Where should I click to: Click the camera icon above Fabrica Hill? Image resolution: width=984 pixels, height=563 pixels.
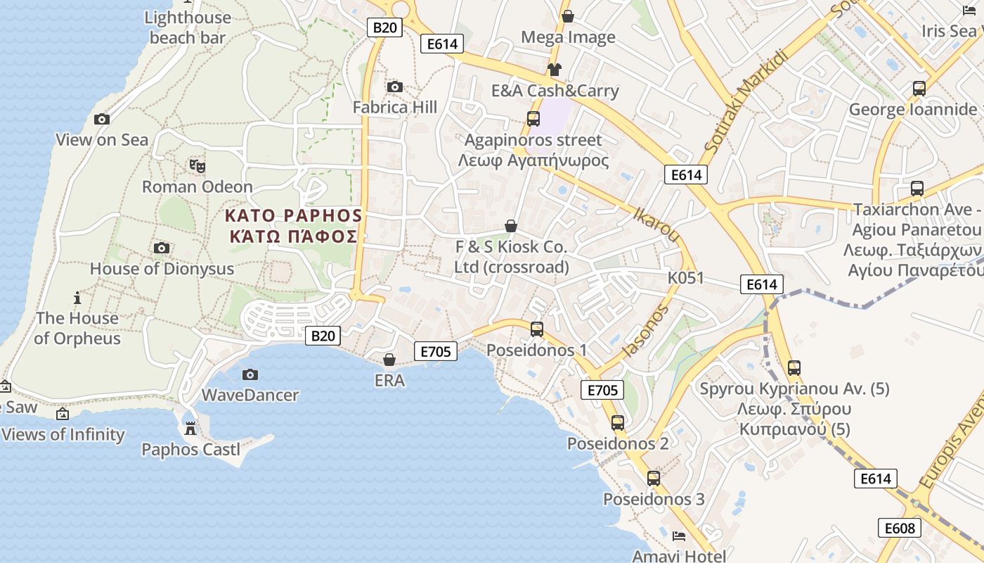point(395,87)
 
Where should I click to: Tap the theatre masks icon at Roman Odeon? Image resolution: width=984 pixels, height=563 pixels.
point(198,166)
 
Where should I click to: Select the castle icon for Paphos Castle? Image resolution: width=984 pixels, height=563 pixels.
point(190,428)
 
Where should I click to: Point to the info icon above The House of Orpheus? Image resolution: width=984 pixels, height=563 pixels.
point(77,298)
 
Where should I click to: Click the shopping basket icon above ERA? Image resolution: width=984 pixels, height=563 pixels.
point(389,360)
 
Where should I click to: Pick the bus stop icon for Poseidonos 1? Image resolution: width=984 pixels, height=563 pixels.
point(537,329)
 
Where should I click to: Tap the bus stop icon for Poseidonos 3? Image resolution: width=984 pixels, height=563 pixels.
point(654,479)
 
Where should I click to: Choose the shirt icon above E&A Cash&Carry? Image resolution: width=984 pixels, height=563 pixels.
point(555,69)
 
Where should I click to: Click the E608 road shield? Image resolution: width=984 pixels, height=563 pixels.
point(899,528)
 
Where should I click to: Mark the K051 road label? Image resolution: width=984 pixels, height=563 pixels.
point(685,278)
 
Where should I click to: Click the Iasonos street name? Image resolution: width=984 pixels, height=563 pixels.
point(645,330)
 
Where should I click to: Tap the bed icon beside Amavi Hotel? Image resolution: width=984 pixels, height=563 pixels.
point(679,536)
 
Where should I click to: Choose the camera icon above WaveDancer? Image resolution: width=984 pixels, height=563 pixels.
point(250,374)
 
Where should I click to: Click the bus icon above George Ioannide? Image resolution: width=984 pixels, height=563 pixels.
point(919,89)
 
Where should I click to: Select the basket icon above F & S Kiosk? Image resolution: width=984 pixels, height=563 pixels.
point(511,226)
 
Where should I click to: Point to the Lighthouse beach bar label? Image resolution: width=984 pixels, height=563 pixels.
point(188,27)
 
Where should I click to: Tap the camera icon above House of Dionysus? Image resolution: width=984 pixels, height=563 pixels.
point(162,248)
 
